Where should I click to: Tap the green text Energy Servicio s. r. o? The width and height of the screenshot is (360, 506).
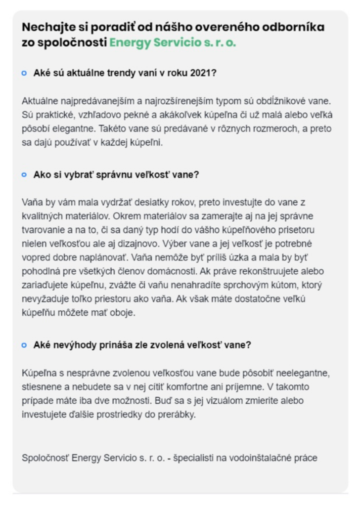pos(173,42)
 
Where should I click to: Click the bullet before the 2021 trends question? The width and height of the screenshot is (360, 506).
pos(24,73)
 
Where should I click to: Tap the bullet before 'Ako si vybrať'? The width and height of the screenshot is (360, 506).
pos(24,175)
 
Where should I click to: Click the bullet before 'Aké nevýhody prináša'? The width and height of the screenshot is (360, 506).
pos(24,345)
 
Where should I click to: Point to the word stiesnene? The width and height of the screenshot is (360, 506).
pos(41,387)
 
